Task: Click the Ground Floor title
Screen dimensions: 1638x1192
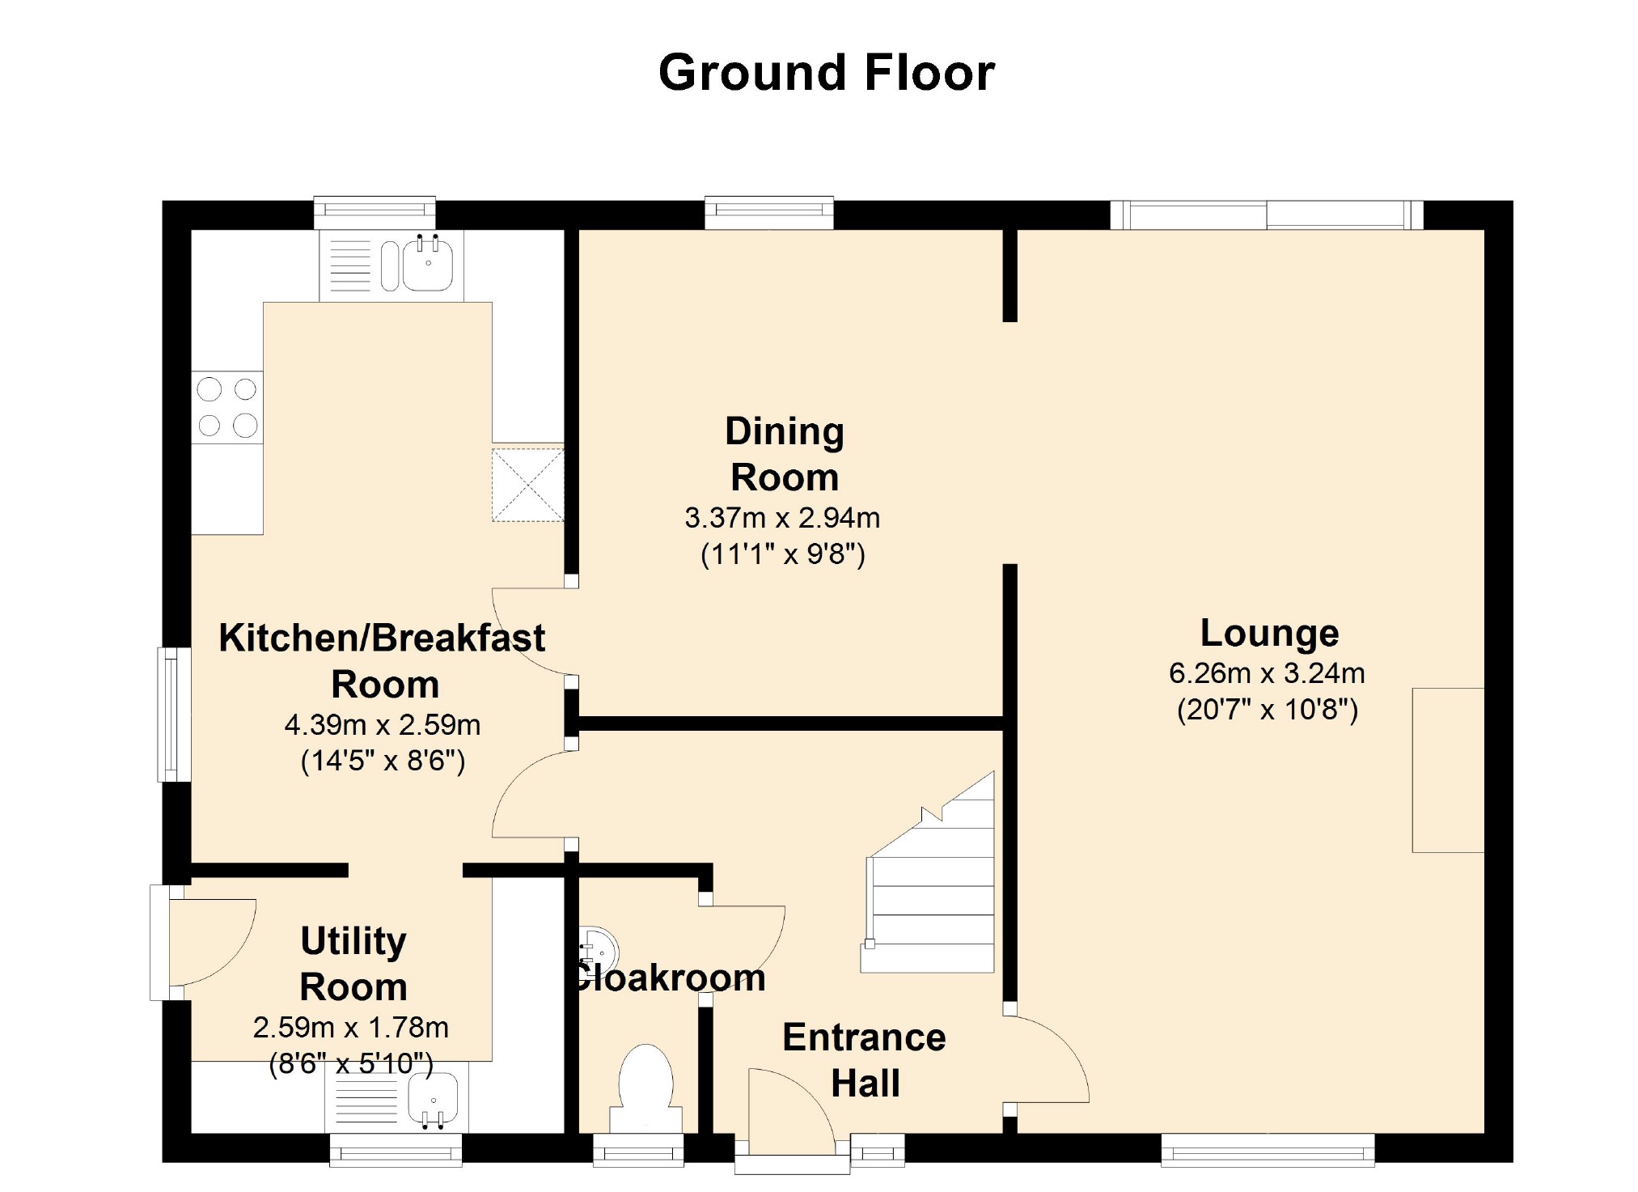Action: click(x=826, y=73)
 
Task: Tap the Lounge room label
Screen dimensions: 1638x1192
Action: click(x=1269, y=633)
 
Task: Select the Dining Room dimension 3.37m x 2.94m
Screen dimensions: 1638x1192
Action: click(x=782, y=518)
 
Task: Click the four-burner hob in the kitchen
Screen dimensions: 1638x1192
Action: click(x=227, y=408)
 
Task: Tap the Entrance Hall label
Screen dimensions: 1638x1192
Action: click(x=865, y=1060)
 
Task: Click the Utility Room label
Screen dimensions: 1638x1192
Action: click(x=353, y=964)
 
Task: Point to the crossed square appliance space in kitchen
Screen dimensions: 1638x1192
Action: click(x=528, y=485)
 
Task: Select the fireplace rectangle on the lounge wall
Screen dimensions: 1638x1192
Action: click(x=1448, y=770)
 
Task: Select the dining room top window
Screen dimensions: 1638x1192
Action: click(x=769, y=212)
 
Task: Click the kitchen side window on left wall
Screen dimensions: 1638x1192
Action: click(x=174, y=715)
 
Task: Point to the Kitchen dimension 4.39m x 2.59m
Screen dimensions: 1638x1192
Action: click(x=383, y=725)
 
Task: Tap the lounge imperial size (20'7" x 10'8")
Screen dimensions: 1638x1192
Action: click(x=1268, y=710)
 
